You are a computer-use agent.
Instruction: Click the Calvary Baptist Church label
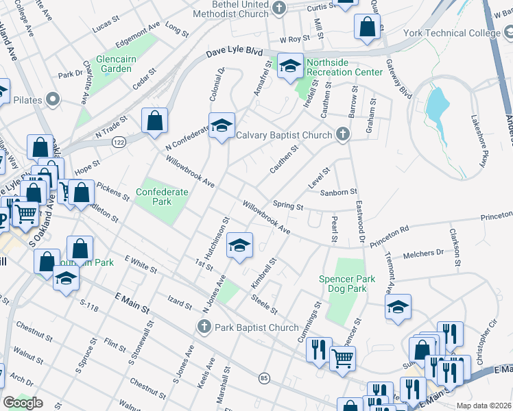click(x=284, y=135)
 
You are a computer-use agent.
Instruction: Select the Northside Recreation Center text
click(x=344, y=67)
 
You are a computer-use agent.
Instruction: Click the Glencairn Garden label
click(x=114, y=64)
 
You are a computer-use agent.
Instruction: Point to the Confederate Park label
click(x=162, y=197)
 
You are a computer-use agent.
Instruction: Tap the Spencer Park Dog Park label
click(x=347, y=284)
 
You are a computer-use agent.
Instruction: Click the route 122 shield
click(x=119, y=142)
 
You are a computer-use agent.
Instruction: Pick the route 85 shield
click(x=264, y=377)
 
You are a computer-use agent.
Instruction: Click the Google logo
click(x=23, y=403)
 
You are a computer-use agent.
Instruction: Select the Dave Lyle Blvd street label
click(x=235, y=53)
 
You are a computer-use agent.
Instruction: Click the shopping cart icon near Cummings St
click(x=342, y=356)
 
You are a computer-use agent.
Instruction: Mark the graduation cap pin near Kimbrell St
click(x=239, y=245)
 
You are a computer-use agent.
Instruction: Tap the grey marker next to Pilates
click(x=52, y=101)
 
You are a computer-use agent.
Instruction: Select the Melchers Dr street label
click(x=425, y=253)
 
